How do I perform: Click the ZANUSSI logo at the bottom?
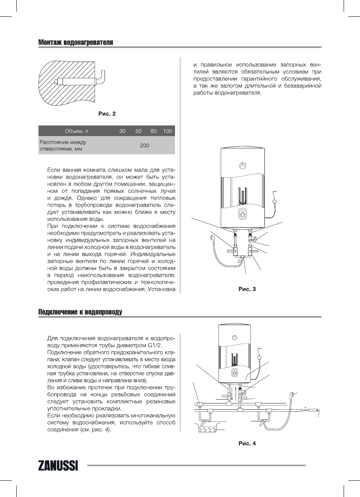pyautogui.click(x=58, y=465)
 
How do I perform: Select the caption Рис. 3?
pyautogui.click(x=247, y=289)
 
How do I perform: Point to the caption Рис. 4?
pyautogui.click(x=247, y=443)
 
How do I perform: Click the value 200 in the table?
pyautogui.click(x=145, y=145)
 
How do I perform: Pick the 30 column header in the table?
pyautogui.click(x=122, y=131)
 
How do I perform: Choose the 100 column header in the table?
pyautogui.click(x=168, y=131)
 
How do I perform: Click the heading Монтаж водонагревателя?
pyautogui.click(x=76, y=42)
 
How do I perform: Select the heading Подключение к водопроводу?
pyautogui.click(x=80, y=312)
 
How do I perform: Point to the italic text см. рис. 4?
pyautogui.click(x=95, y=430)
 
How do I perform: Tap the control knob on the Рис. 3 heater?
pyautogui.click(x=243, y=215)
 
